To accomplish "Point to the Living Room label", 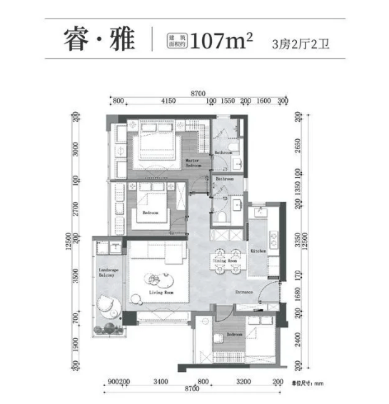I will pyautogui.click(x=163, y=292).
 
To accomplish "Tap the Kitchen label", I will pyautogui.click(x=258, y=251).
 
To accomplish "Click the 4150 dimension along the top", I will pyautogui.click(x=168, y=101).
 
